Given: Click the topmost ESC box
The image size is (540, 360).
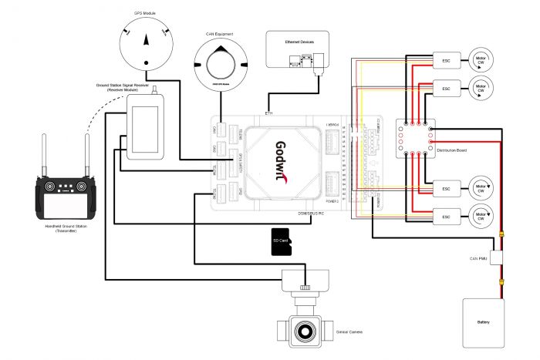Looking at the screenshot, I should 446,59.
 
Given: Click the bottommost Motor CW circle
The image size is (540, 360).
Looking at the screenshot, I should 481,215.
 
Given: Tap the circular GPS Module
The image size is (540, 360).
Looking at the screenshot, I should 146,43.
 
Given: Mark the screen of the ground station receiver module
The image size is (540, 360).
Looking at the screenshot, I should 144,127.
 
